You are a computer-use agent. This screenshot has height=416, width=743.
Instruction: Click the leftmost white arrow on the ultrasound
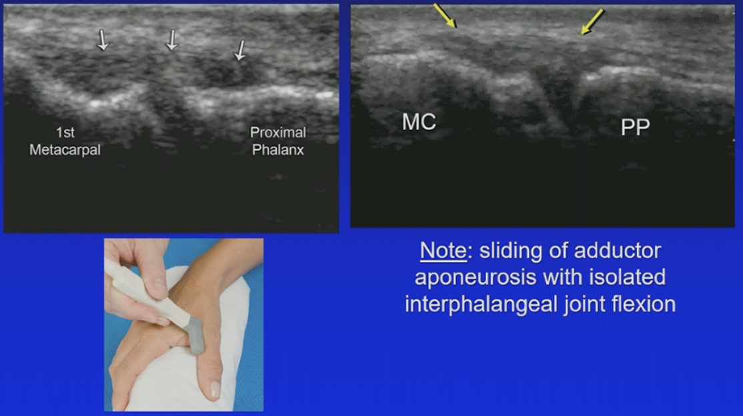[x=102, y=40]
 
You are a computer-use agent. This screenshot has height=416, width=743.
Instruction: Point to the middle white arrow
[x=171, y=40]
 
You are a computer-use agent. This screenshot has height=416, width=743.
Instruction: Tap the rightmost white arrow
[x=240, y=50]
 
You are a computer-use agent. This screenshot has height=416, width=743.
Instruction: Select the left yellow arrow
[x=446, y=16]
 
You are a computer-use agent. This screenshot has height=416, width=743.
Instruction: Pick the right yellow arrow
[x=592, y=22]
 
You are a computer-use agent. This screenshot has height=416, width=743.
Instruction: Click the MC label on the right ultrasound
[x=419, y=122]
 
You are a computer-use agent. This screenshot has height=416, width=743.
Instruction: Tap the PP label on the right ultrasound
[x=635, y=127]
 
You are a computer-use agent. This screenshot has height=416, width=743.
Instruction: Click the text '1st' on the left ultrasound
[x=65, y=132]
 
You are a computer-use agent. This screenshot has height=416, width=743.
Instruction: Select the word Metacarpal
[x=65, y=150]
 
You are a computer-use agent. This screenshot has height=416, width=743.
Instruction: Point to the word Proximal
[x=278, y=132]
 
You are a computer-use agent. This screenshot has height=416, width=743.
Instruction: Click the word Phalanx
[x=278, y=150]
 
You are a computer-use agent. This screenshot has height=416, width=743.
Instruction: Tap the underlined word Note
[x=443, y=251]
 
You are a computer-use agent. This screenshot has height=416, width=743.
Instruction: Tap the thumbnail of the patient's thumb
[x=214, y=389]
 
